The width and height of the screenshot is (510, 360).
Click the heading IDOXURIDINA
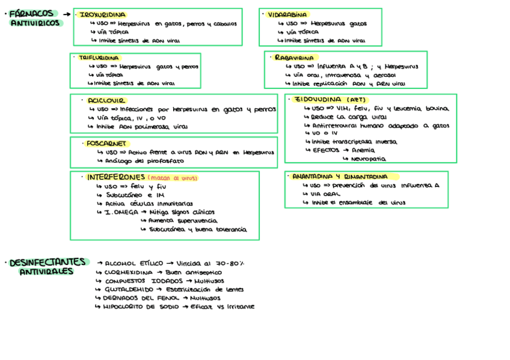click(x=103, y=14)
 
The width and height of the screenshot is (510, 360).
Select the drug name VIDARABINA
click(x=287, y=14)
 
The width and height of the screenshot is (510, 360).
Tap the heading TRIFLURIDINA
click(x=99, y=58)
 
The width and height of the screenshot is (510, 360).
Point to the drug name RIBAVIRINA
click(x=295, y=58)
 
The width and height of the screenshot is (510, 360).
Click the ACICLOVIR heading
click(x=106, y=100)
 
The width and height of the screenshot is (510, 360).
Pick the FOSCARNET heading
click(x=106, y=144)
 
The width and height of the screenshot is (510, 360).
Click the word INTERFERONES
click(x=116, y=178)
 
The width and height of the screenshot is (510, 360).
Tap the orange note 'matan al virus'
click(x=173, y=178)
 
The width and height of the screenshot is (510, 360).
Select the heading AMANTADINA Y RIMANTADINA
click(x=340, y=177)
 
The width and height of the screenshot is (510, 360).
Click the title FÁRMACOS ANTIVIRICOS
click(x=35, y=18)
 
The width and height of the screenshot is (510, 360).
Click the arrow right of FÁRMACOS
click(x=66, y=14)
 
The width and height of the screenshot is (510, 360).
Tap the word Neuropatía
click(x=368, y=159)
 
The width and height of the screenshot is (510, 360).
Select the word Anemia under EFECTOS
click(x=363, y=150)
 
